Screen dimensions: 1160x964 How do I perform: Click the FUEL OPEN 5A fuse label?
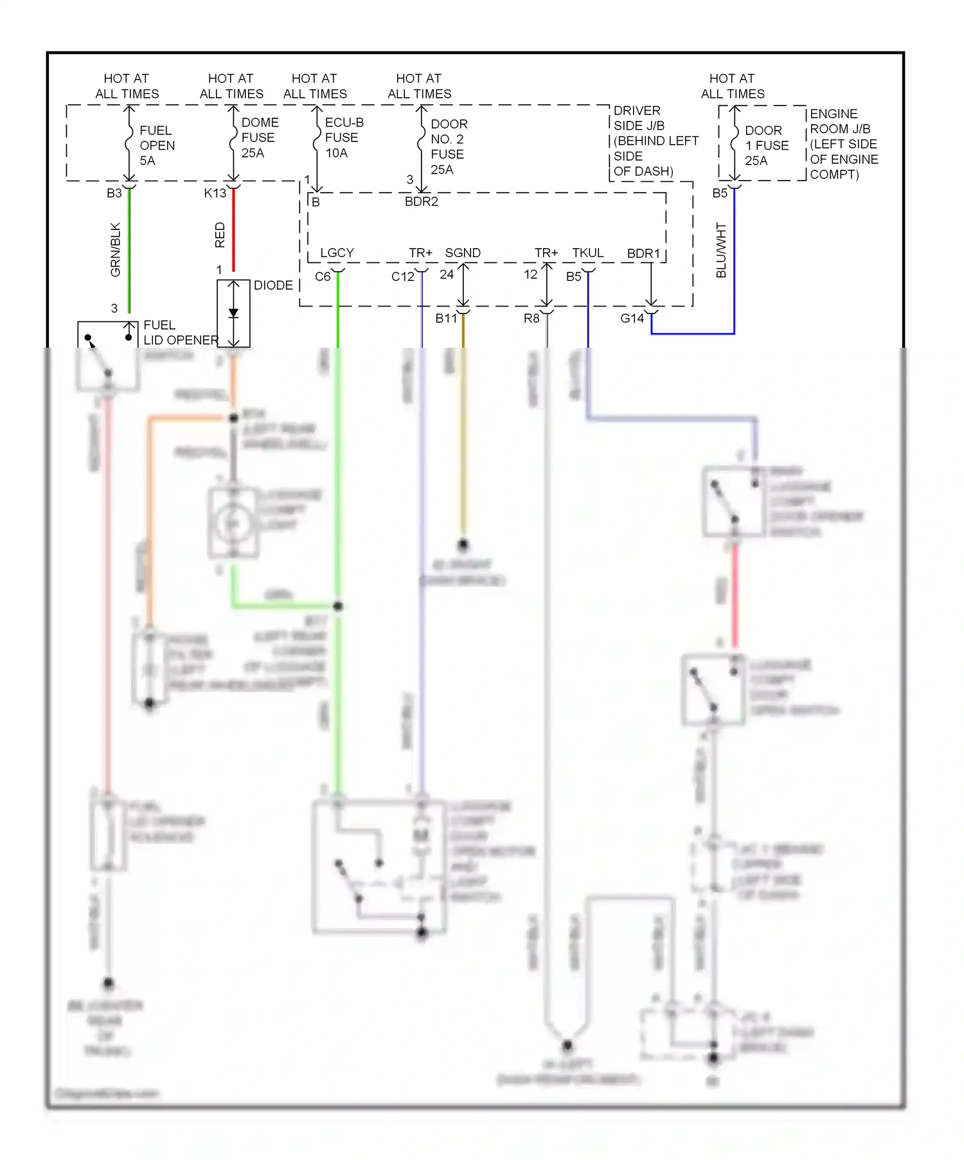point(156,146)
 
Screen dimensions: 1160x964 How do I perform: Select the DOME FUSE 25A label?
point(260,138)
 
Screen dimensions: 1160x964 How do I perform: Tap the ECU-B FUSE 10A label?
point(343,138)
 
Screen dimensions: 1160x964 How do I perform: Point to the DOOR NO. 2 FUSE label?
point(448,147)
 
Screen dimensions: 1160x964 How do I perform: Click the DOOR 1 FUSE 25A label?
point(766,146)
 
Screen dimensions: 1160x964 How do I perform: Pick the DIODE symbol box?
point(233,314)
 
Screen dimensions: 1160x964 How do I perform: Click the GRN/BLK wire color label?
point(116,249)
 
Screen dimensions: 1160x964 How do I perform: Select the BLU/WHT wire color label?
point(721,251)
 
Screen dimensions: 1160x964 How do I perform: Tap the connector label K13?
point(215,193)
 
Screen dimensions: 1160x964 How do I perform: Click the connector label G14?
point(632,319)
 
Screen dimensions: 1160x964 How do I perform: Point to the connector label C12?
point(403,277)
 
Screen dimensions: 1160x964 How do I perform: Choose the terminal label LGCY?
point(337,253)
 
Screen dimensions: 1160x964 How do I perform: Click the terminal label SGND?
point(463,253)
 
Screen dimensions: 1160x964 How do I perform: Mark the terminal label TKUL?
point(588,253)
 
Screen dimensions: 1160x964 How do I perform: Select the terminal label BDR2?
point(422,202)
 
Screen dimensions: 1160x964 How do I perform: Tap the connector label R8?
point(531,319)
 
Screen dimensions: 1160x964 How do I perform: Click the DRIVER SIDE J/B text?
point(654,141)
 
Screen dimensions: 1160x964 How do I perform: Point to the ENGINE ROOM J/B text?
point(843,144)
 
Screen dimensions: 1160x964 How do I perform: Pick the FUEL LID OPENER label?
point(180,332)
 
